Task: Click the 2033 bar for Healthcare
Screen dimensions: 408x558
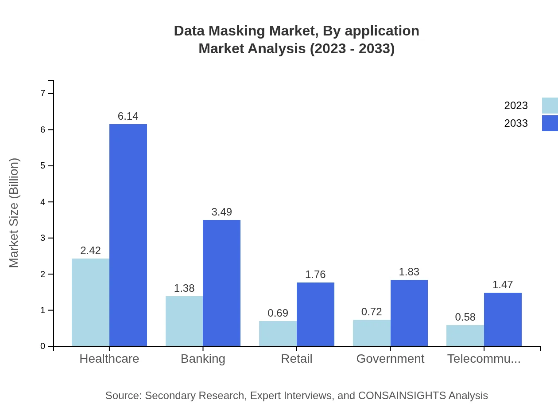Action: point(128,235)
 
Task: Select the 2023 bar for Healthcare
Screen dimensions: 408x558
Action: point(90,302)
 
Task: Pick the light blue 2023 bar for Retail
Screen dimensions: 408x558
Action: point(278,333)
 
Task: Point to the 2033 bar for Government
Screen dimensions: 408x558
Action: point(409,313)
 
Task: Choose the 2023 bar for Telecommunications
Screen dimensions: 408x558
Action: point(465,335)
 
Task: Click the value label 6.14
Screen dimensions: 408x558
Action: point(128,116)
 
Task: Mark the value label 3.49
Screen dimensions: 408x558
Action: point(221,212)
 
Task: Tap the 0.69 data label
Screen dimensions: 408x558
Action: point(278,313)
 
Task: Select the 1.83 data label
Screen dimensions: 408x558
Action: point(409,272)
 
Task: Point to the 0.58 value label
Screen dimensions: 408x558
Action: point(465,317)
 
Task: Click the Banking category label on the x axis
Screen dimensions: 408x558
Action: point(203,358)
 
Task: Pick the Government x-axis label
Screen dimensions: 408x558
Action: point(390,358)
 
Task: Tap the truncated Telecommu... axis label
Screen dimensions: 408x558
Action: point(484,358)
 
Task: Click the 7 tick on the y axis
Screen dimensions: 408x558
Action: point(43,93)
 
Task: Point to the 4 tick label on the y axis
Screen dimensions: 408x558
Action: point(43,202)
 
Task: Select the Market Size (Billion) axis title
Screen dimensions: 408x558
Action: point(14,213)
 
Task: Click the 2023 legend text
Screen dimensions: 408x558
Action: point(516,106)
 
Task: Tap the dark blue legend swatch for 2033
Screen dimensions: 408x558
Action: point(550,123)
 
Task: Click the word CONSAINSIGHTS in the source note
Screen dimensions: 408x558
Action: point(402,395)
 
